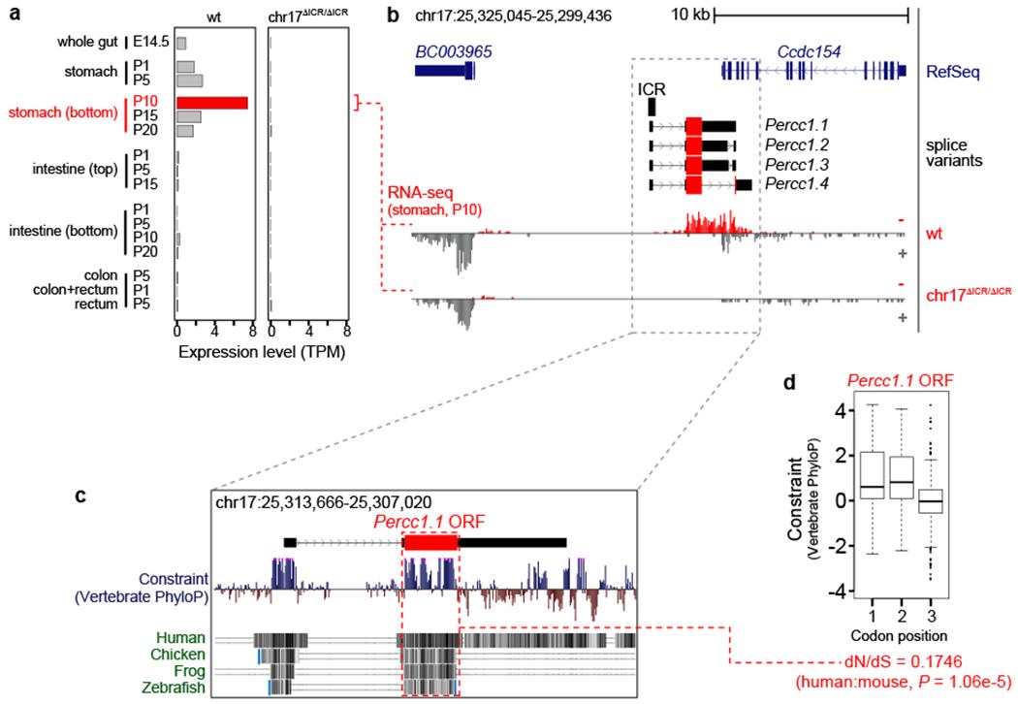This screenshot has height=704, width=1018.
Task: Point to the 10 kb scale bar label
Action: (689, 16)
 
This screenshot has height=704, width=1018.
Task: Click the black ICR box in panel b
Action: (652, 107)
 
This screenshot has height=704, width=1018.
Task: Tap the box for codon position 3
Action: (932, 500)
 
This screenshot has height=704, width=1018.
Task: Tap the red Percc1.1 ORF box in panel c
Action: (429, 543)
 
